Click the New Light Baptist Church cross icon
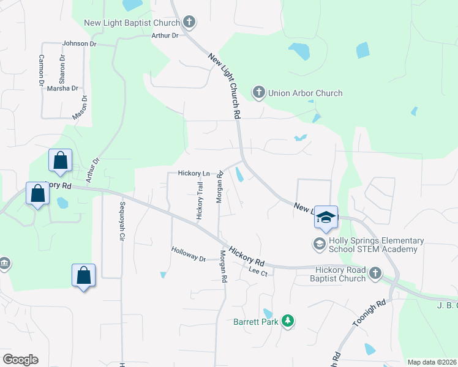pyautogui.click(x=189, y=23)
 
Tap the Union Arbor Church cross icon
pyautogui.click(x=258, y=93)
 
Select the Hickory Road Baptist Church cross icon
pyautogui.click(x=375, y=273)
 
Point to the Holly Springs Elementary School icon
pyautogui.click(x=318, y=244)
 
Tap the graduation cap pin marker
pyautogui.click(x=326, y=218)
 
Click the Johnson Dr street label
pyautogui.click(x=80, y=44)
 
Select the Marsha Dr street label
pyautogui.click(x=62, y=88)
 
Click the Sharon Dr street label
pyautogui.click(x=62, y=69)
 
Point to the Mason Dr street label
pyautogui.click(x=81, y=107)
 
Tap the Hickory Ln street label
pyautogui.click(x=193, y=174)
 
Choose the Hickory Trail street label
pyautogui.click(x=200, y=201)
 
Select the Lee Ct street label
pyautogui.click(x=258, y=270)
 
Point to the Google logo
pyautogui.click(x=20, y=360)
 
